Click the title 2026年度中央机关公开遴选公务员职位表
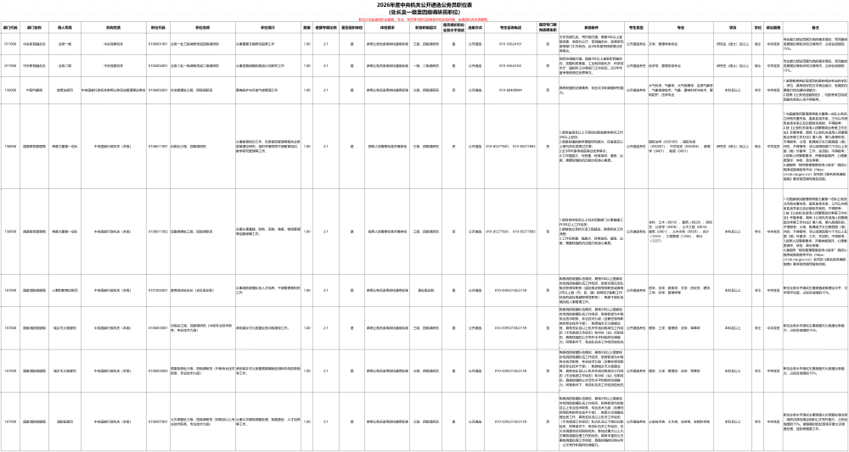pyautogui.click(x=424, y=5)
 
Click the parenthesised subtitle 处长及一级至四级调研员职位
pyautogui.click(x=424, y=12)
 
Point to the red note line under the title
pyautogui.click(x=424, y=19)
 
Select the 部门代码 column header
pyautogui.click(x=10, y=27)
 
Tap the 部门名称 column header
pyautogui.click(x=35, y=27)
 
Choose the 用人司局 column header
pyautogui.click(x=65, y=27)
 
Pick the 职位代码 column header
pyautogui.click(x=157, y=27)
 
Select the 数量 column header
pyautogui.click(x=306, y=27)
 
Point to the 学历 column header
pyautogui.click(x=733, y=27)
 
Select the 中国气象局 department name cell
pyautogui.click(x=35, y=89)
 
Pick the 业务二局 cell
pyautogui.click(x=65, y=65)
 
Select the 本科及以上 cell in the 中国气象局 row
pyautogui.click(x=733, y=89)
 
